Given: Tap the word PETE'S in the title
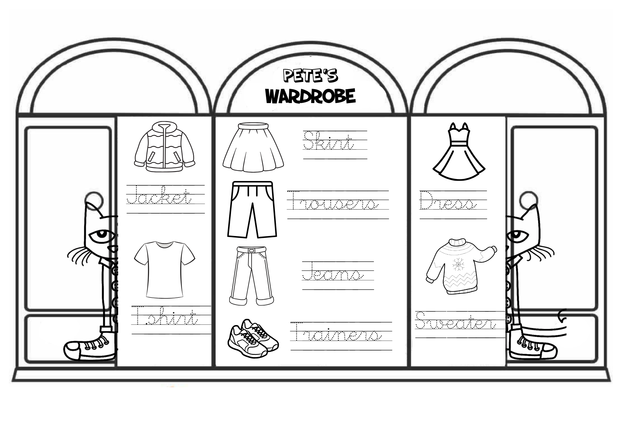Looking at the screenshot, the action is pyautogui.click(x=310, y=76).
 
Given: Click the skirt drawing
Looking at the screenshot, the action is pyautogui.click(x=253, y=147).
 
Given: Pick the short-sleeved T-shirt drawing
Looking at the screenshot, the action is pyautogui.click(x=165, y=269).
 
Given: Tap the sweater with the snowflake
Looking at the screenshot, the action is pyautogui.click(x=460, y=266).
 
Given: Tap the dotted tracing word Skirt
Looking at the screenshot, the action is pyautogui.click(x=328, y=142).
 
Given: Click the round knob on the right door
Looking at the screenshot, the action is pyautogui.click(x=528, y=199).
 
